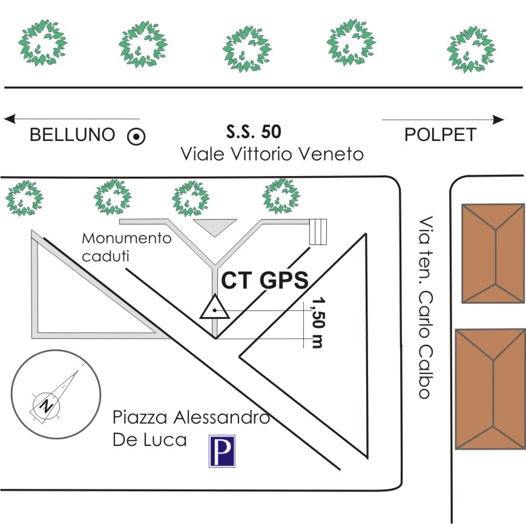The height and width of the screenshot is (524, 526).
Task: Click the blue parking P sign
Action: [x=222, y=451]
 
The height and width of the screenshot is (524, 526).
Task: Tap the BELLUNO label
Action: [x=73, y=135]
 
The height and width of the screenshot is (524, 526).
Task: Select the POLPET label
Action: [x=441, y=135]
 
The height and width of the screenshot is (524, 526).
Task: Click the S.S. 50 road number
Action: [x=254, y=131]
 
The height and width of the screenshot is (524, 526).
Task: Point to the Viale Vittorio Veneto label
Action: [x=272, y=154]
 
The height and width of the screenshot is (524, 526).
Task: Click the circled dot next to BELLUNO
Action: [x=136, y=137]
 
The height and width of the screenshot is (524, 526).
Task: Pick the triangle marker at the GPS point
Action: [x=214, y=309]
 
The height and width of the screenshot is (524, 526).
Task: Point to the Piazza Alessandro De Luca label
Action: [x=190, y=428]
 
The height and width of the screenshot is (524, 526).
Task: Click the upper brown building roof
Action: [x=493, y=252]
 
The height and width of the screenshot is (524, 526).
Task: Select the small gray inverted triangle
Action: [x=214, y=226]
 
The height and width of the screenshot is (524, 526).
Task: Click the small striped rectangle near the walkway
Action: [x=318, y=232]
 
